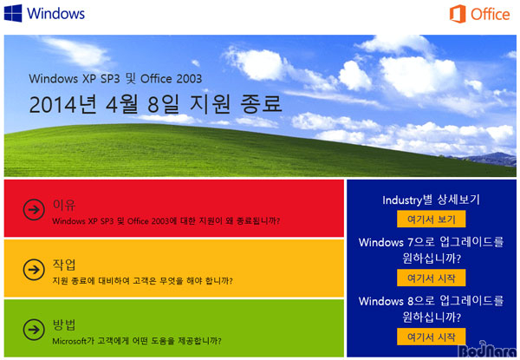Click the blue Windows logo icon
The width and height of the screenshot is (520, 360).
[13, 13]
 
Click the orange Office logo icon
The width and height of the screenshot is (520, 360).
[458, 14]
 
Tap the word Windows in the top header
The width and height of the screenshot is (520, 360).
[55, 14]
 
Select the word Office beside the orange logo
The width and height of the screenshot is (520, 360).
[491, 14]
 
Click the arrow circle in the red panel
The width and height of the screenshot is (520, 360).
[34, 210]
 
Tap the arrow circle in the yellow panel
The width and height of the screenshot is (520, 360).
[34, 270]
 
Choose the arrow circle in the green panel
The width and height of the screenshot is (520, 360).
[34, 330]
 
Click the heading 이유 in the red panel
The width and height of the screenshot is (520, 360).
[64, 205]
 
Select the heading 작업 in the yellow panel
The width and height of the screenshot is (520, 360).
[64, 265]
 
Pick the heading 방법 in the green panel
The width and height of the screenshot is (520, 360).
[64, 324]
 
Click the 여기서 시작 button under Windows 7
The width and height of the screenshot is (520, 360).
[431, 278]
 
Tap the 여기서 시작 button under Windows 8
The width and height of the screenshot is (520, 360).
[431, 337]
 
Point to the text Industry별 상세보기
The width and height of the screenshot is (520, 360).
[431, 200]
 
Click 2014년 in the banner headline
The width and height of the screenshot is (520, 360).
[62, 104]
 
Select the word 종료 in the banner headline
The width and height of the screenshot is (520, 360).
[261, 103]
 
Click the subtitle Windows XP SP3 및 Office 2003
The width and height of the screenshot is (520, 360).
[115, 79]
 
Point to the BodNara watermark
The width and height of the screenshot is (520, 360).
[488, 350]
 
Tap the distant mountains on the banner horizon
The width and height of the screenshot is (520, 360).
[487, 159]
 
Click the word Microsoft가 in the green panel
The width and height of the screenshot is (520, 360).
[74, 341]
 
